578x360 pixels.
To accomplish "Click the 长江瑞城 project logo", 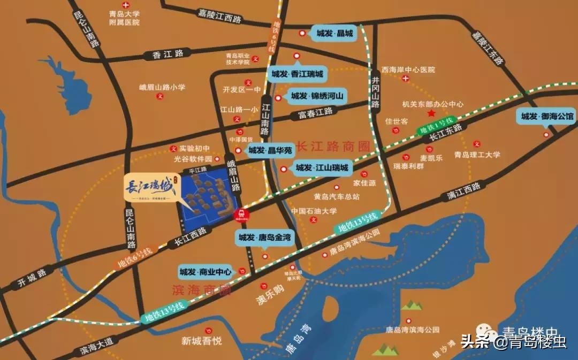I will point(151,189).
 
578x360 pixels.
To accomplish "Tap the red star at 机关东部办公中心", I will point(431,113).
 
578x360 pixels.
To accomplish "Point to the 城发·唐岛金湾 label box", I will point(264,237).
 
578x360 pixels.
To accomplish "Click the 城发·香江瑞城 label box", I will point(297,74).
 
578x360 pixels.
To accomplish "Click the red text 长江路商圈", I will point(333,145).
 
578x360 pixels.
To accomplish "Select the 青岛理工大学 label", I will point(477,155).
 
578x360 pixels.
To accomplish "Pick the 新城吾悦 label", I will point(201,341).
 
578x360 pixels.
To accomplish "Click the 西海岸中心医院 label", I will point(408,70).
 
